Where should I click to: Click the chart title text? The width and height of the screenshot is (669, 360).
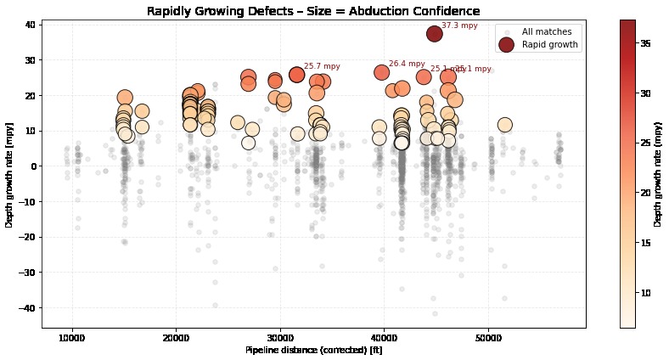coord(313,11)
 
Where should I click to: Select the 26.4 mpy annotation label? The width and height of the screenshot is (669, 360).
coord(407,64)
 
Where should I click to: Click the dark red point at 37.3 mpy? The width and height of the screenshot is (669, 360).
coord(435,34)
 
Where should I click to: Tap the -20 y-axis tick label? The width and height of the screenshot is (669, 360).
coord(25,237)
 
